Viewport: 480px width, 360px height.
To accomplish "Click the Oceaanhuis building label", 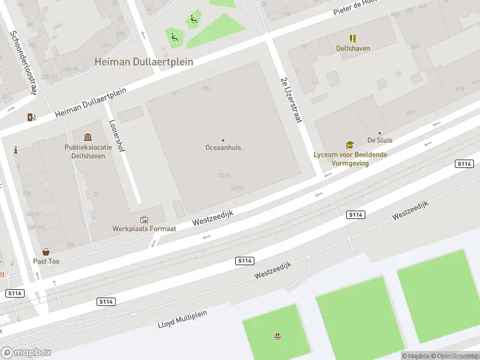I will click(223, 147).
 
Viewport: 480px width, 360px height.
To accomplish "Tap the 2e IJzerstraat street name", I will click(290, 100).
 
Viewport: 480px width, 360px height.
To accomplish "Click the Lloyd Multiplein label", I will click(182, 317).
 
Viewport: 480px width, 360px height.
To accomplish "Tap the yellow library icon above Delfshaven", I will click(353, 38).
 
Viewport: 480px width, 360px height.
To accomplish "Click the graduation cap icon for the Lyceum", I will click(350, 145).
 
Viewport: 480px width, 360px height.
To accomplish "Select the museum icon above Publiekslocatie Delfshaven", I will click(88, 137).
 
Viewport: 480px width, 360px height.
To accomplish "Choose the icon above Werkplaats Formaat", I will click(144, 220).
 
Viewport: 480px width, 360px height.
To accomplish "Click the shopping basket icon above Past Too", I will click(46, 252).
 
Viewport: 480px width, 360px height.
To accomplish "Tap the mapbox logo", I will click(26, 352).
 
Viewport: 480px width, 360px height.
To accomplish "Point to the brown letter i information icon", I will click(16, 150).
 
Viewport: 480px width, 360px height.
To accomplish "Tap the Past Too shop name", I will click(46, 262).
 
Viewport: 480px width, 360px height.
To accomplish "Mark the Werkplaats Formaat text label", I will click(144, 229).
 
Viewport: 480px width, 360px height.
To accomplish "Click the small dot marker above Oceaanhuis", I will click(223, 140).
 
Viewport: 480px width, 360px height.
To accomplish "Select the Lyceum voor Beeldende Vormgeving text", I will click(350, 158).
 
